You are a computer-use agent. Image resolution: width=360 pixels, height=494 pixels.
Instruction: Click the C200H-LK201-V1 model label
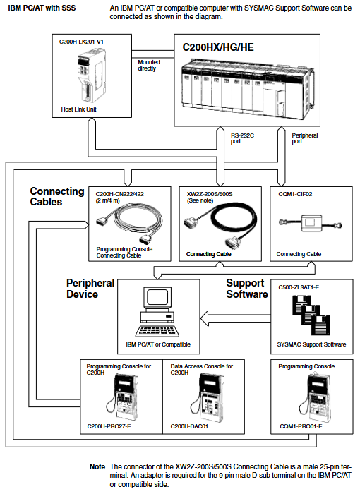81,42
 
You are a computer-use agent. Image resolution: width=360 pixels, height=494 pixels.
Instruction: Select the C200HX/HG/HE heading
218,47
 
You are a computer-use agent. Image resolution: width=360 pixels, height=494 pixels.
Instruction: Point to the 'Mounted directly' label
149,65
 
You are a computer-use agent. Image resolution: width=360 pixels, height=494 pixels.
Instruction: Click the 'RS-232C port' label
242,138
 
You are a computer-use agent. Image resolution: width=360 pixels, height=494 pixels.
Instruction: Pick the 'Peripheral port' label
304,138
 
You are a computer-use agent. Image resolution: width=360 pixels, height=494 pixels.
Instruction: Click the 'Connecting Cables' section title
57,196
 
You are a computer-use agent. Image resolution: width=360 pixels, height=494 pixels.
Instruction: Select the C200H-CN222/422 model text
120,194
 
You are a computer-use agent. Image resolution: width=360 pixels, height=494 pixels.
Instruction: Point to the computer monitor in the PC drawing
157,298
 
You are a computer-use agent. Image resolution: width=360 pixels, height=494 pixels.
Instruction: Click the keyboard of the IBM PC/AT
157,331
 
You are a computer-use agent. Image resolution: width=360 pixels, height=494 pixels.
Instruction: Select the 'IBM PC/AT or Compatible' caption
158,344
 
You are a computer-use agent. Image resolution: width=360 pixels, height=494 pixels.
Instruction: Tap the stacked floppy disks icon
311,315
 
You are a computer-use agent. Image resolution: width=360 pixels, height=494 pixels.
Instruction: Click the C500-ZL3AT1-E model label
299,288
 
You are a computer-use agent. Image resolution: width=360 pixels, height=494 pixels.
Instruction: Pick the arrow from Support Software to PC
236,318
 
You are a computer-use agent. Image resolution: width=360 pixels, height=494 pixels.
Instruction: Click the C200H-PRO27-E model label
109,426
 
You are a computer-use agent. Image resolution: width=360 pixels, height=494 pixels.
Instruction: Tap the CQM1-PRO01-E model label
301,426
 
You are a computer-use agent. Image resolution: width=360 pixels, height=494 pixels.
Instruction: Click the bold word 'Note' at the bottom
97,467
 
